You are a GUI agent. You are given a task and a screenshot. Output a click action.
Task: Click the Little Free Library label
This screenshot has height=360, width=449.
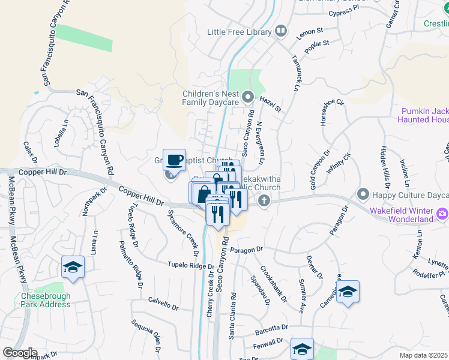pyautogui.click(x=240, y=31)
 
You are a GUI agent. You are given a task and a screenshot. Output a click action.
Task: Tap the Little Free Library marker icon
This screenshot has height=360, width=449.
pyautogui.click(x=281, y=31)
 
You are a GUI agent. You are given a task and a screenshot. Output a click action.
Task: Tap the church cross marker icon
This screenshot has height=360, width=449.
pyautogui.click(x=264, y=201)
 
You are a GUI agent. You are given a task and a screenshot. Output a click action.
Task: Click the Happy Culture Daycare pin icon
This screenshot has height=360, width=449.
pyautogui.click(x=363, y=194)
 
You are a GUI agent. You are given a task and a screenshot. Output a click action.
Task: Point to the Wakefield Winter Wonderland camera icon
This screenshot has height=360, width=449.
pyautogui.click(x=442, y=213)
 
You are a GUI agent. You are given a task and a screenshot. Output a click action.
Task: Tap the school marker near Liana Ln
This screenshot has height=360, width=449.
pyautogui.click(x=73, y=268)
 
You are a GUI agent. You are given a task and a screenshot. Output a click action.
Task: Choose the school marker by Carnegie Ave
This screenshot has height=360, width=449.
pyautogui.click(x=348, y=292)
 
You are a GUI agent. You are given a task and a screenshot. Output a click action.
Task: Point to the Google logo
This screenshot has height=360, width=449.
pyautogui.click(x=19, y=353)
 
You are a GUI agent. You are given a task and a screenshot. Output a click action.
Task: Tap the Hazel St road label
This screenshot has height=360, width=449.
pyautogui.click(x=270, y=106)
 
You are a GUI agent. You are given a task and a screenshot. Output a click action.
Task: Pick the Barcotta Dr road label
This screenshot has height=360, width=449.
pyautogui.click(x=271, y=328)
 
